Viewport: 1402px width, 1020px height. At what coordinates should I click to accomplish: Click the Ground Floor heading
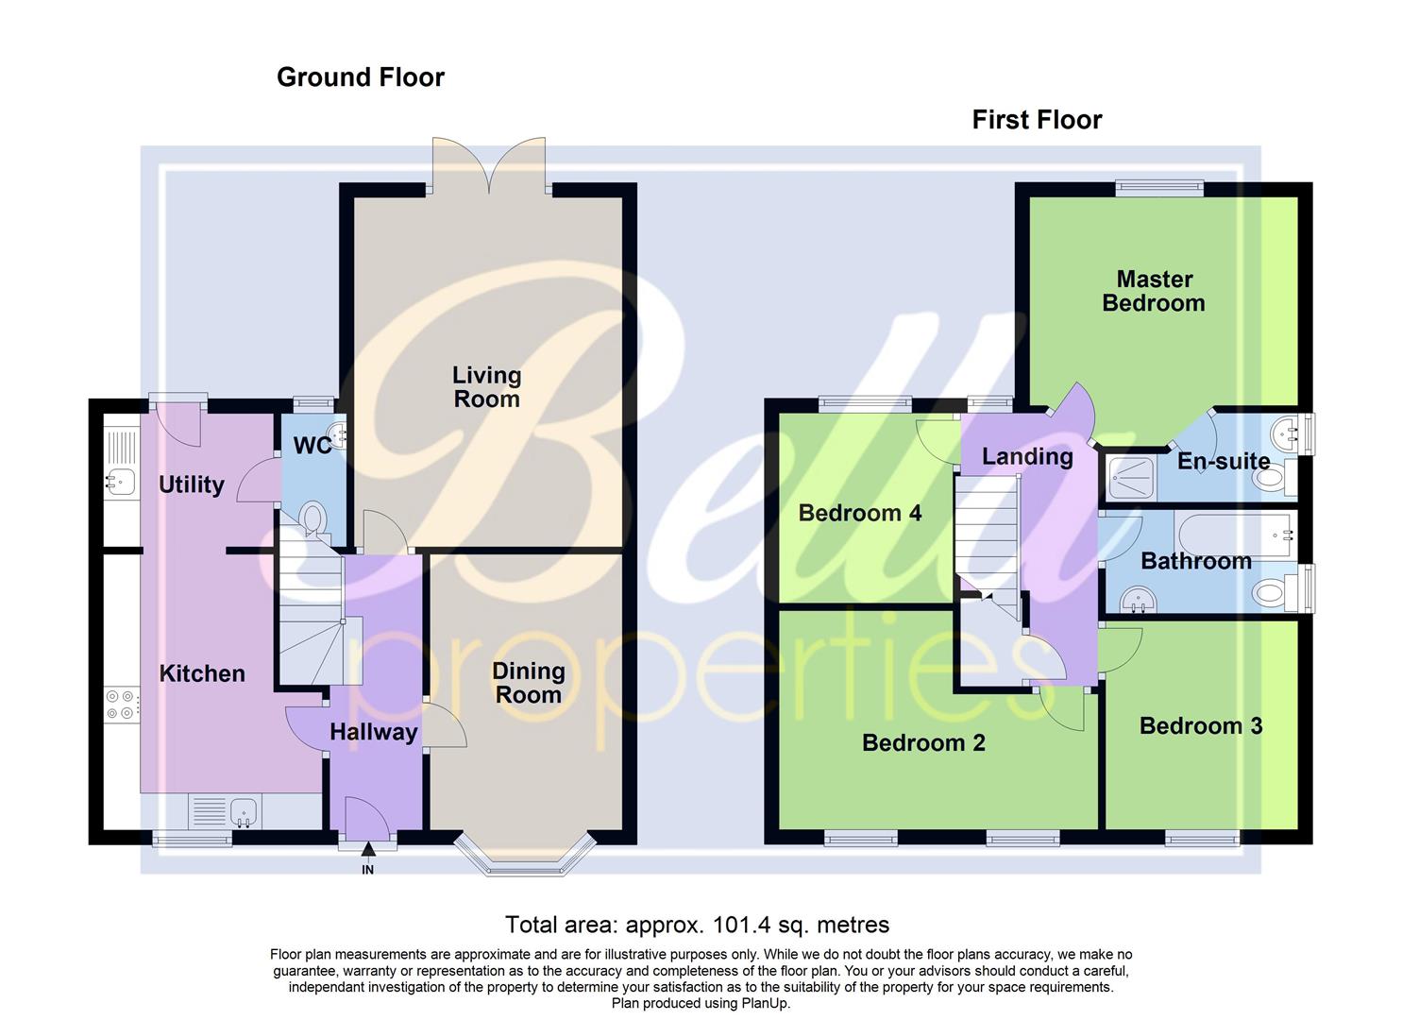[360, 77]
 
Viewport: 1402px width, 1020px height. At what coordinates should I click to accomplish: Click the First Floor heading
[1037, 120]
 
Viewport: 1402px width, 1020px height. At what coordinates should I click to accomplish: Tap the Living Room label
[486, 387]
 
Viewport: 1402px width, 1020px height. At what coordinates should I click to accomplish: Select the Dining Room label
[528, 683]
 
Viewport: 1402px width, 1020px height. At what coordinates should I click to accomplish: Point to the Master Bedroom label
[1154, 291]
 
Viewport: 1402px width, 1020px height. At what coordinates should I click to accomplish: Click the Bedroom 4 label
[859, 513]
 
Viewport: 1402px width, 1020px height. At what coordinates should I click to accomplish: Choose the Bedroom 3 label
[1200, 725]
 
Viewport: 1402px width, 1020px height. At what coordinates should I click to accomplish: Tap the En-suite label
[1223, 461]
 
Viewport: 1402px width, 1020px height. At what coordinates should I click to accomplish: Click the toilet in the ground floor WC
[312, 518]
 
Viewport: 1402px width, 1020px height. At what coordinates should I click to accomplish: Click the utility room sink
[120, 482]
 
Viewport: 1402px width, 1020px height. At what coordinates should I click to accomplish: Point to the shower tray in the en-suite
[1129, 478]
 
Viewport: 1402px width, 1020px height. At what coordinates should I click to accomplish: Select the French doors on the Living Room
[488, 168]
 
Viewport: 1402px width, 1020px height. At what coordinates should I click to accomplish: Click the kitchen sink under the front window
[244, 810]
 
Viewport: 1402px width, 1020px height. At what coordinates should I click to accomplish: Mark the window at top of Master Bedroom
[1158, 188]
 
